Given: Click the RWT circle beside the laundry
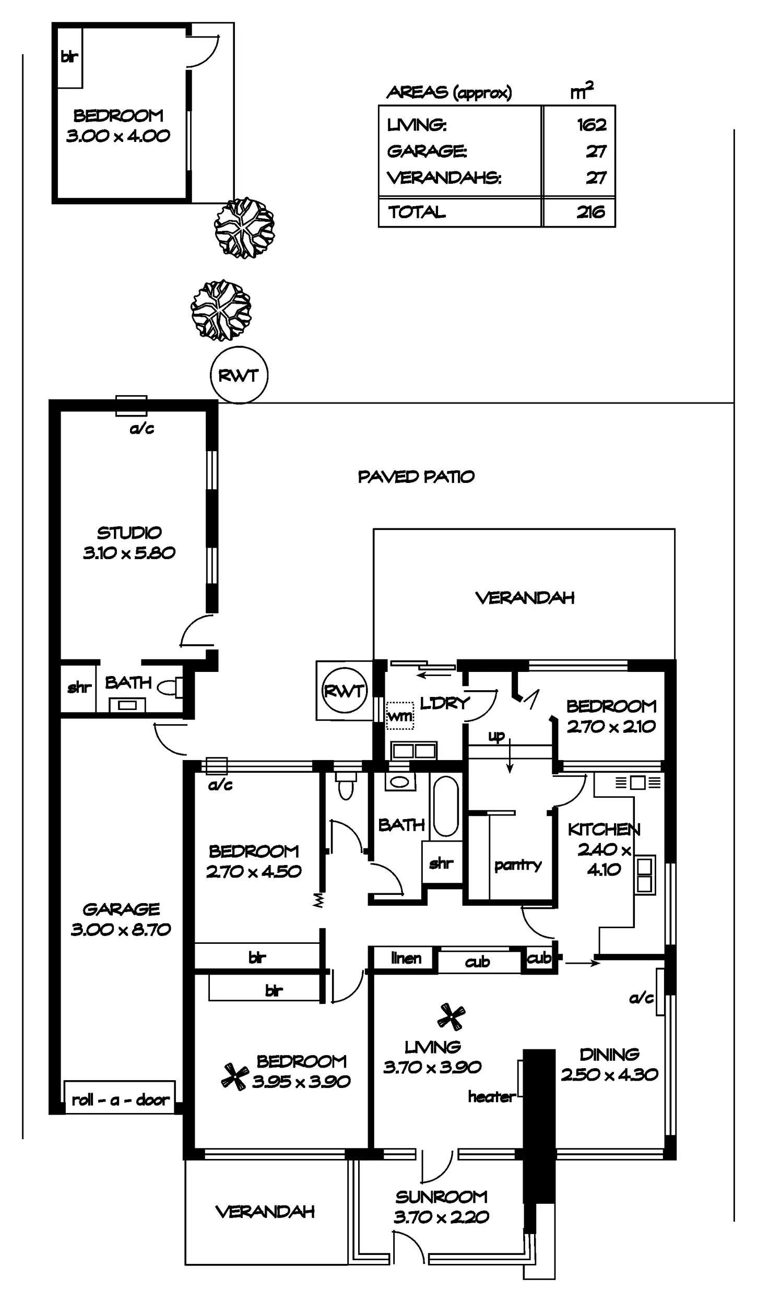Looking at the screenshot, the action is pyautogui.click(x=344, y=691).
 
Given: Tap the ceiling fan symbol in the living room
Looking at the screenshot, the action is pyautogui.click(x=451, y=1016).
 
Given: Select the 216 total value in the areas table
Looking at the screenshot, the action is pyautogui.click(x=590, y=212).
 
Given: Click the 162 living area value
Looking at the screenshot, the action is pyautogui.click(x=592, y=125).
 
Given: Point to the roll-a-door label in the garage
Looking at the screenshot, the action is pyautogui.click(x=120, y=1100).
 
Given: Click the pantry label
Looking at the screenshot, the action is pyautogui.click(x=517, y=865).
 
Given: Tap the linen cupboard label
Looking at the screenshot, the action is pyautogui.click(x=406, y=957).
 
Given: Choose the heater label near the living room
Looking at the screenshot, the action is pyautogui.click(x=491, y=1096).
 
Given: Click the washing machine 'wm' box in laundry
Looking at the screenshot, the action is pyautogui.click(x=400, y=716).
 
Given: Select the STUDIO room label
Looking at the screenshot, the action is pyautogui.click(x=129, y=533).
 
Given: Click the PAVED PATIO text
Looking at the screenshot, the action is pyautogui.click(x=416, y=477).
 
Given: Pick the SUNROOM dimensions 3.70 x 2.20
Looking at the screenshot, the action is pyautogui.click(x=441, y=1217).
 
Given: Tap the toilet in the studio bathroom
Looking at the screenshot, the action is pyautogui.click(x=170, y=688).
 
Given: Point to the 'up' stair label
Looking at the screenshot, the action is pyautogui.click(x=496, y=736).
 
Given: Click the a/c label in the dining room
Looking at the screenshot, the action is pyautogui.click(x=641, y=998).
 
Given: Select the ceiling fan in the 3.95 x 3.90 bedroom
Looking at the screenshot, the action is pyautogui.click(x=234, y=1077).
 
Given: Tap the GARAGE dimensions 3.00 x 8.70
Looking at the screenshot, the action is pyautogui.click(x=121, y=929).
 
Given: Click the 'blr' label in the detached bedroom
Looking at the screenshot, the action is pyautogui.click(x=69, y=56).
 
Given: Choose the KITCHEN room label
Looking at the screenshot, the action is pyautogui.click(x=604, y=829).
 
